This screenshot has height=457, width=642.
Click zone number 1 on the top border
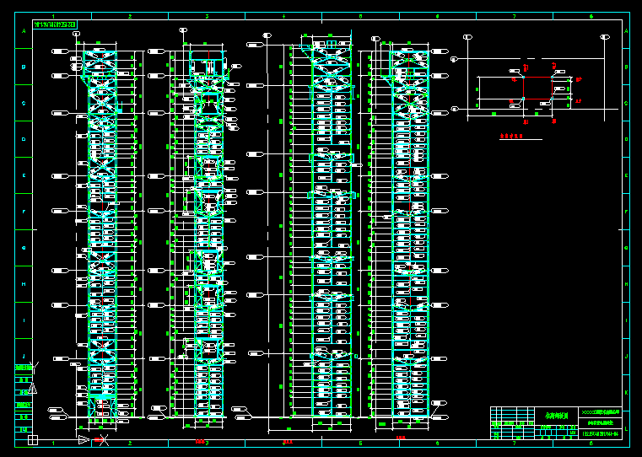pyautogui.click(x=53, y=15)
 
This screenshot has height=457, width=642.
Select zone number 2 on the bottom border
pyautogui.click(x=130, y=443)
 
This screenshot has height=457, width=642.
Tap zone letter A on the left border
pyautogui.click(x=24, y=31)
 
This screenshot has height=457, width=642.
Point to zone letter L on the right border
pyautogui.click(x=625, y=429)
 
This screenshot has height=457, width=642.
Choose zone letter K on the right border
pyautogui.click(x=625, y=393)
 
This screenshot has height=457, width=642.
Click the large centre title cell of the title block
pyautogui.click(x=556, y=416)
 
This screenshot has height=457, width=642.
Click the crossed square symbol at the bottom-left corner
pyautogui.click(x=32, y=439)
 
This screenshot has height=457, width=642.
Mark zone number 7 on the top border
pyautogui.click(x=514, y=15)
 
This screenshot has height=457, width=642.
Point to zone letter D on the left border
pyautogui.click(x=24, y=139)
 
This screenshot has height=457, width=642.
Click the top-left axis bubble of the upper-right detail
pyautogui.click(x=467, y=36)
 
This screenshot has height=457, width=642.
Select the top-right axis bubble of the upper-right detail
pyautogui.click(x=604, y=36)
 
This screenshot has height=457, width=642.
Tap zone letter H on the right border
pyautogui.click(x=625, y=284)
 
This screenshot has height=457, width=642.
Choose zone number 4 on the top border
pyautogui.click(x=283, y=15)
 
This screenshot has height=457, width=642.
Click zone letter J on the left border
pyautogui.click(x=24, y=357)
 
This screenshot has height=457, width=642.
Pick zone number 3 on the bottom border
pyautogui.click(x=207, y=443)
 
